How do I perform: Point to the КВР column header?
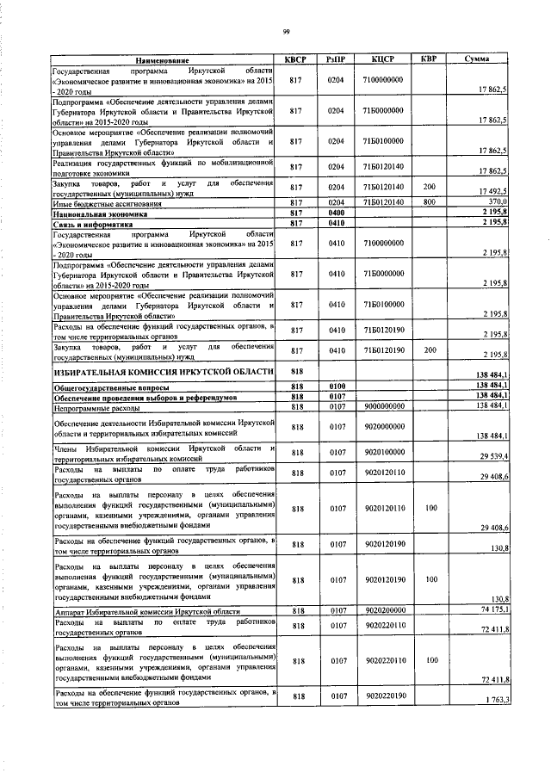[x=428, y=59]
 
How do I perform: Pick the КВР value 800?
[x=428, y=203]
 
